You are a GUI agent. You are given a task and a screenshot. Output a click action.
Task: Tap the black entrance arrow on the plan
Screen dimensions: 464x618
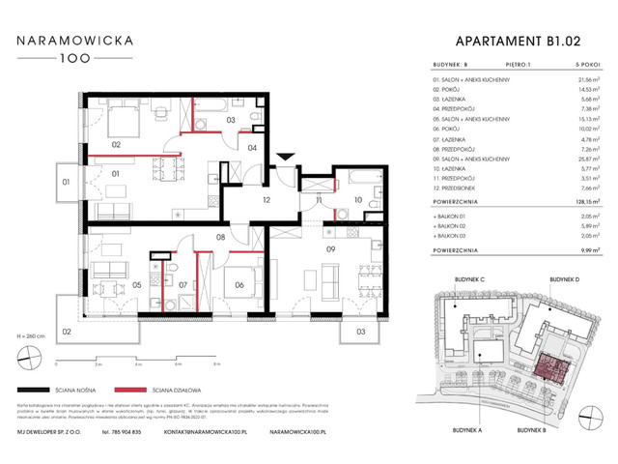(x=285, y=159)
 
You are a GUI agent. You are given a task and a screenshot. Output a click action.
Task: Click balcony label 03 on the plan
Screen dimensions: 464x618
(x=359, y=332)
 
